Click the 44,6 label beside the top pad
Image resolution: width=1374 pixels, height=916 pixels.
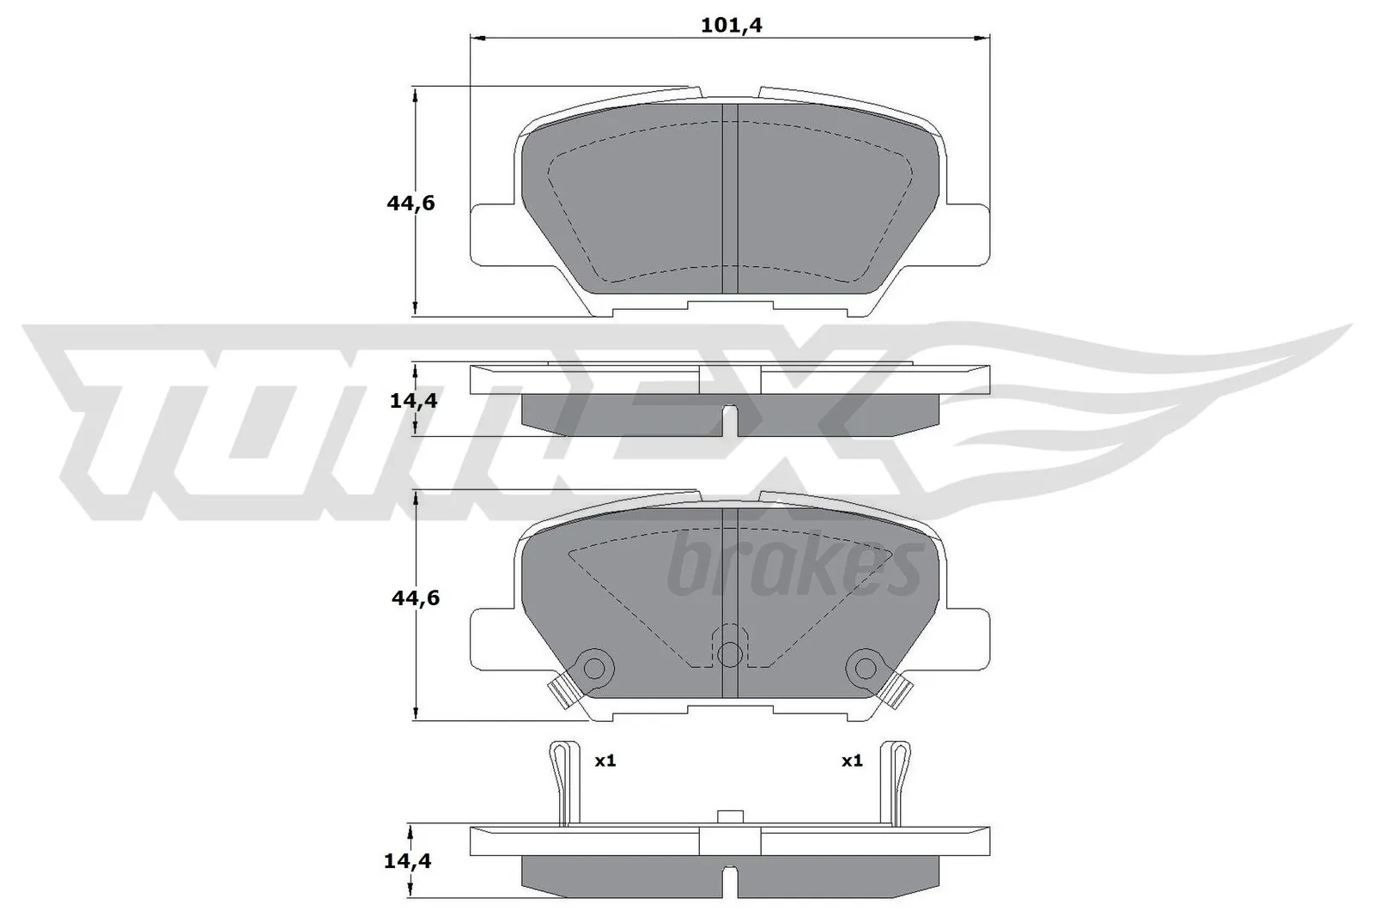tap(410, 203)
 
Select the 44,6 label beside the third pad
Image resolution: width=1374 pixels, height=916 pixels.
tap(415, 598)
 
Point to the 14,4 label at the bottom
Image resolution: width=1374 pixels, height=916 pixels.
tap(408, 860)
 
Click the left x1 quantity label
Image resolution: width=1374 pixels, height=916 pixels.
tap(605, 761)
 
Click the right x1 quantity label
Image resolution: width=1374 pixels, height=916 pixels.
tap(851, 761)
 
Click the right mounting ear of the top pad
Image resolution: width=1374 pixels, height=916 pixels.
tap(965, 233)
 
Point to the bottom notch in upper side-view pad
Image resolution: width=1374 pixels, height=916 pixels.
tap(730, 417)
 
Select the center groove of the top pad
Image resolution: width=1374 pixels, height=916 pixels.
tap(729, 197)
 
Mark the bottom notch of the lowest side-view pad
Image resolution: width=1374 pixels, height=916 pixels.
tap(729, 879)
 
